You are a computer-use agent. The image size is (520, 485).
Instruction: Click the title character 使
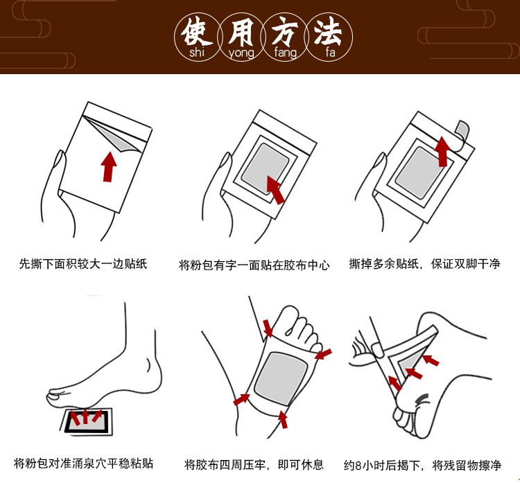(196, 31)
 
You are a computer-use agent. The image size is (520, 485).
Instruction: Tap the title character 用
(241, 31)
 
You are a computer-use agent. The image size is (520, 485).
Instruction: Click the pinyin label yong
(241, 53)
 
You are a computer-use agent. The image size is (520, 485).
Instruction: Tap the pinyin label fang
(285, 53)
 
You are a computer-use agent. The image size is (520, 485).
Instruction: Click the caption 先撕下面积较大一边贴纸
(83, 264)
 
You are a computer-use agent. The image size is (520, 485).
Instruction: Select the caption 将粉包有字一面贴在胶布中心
(254, 265)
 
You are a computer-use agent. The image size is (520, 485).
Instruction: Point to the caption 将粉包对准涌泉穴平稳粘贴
(83, 463)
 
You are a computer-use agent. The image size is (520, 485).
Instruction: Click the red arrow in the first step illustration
(109, 166)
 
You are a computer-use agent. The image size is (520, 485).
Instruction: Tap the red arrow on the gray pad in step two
(275, 190)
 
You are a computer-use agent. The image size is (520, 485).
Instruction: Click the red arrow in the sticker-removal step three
(442, 152)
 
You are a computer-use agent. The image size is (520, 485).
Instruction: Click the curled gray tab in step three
(462, 130)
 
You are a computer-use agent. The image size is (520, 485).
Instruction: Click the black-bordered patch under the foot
(87, 421)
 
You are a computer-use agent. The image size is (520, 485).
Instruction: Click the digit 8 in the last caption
(358, 466)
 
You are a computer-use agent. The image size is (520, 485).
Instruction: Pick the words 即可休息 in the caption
(301, 464)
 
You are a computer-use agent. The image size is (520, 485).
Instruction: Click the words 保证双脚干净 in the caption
(466, 264)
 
